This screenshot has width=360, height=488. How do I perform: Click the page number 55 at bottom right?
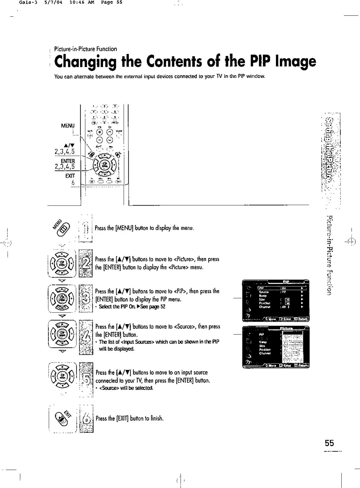[329, 443]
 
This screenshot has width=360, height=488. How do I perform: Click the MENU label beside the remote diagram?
[68, 126]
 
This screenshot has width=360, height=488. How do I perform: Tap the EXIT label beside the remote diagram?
[70, 176]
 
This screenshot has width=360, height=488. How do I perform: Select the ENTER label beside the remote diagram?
[68, 161]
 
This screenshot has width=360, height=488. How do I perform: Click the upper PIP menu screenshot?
[275, 300]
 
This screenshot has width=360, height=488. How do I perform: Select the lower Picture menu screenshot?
[275, 347]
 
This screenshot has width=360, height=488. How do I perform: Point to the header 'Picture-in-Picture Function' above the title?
[86, 49]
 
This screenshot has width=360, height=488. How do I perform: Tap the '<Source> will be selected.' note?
[126, 388]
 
